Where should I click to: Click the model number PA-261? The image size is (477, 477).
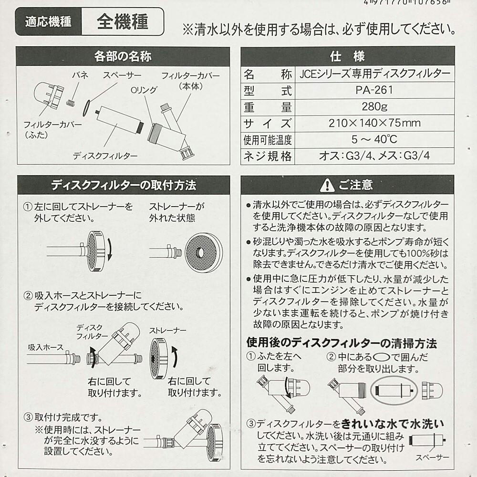pyautogui.click(x=374, y=90)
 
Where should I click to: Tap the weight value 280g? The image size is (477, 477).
pyautogui.click(x=374, y=106)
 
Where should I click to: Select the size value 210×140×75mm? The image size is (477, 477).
pyautogui.click(x=374, y=123)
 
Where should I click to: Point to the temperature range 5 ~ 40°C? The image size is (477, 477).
pyautogui.click(x=374, y=140)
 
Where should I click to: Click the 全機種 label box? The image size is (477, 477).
pyautogui.click(x=123, y=22)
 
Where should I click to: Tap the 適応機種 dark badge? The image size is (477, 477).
pyautogui.click(x=48, y=22)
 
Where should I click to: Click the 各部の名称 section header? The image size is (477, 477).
pyautogui.click(x=123, y=57)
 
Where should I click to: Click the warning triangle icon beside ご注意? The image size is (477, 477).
pyautogui.click(x=326, y=185)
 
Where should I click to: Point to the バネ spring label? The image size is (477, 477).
pyautogui.click(x=80, y=76)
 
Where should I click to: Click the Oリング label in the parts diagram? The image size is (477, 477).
pyautogui.click(x=144, y=90)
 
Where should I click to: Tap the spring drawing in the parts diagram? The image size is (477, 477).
pyautogui.click(x=71, y=102)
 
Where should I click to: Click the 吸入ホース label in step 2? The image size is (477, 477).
pyautogui.click(x=45, y=347)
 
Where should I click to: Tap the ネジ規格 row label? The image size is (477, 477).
pyautogui.click(x=267, y=156)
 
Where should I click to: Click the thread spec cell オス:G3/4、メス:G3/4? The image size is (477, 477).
pyautogui.click(x=374, y=156)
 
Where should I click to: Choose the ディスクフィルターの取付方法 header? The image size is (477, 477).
pyautogui.click(x=123, y=185)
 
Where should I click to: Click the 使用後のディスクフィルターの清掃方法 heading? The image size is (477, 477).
pyautogui.click(x=342, y=342)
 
